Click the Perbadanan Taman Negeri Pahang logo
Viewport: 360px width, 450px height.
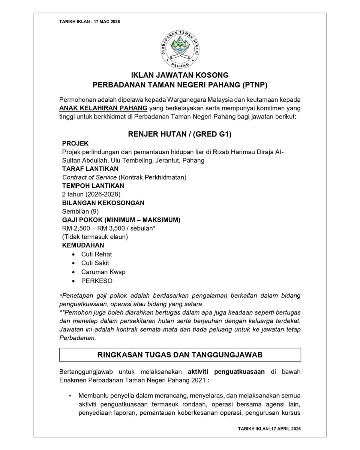[180, 49]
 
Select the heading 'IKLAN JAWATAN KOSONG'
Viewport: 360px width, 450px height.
[180, 75]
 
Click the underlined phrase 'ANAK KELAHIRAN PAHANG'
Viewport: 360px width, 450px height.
[103, 109]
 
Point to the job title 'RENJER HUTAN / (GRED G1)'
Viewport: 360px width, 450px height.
[180, 134]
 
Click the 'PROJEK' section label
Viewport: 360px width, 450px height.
[75, 143]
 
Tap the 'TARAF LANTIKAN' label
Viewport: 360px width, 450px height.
[90, 169]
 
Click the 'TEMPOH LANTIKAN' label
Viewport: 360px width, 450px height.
[93, 186]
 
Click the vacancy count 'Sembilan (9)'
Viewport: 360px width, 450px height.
[80, 211]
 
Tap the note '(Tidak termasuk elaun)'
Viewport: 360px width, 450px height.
[95, 237]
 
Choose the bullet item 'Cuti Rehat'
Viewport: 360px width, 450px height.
[96, 254]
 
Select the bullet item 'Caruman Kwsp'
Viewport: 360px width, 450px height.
[103, 272]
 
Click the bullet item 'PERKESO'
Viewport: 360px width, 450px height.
[97, 280]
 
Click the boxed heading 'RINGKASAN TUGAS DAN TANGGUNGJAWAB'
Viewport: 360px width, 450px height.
[180, 354]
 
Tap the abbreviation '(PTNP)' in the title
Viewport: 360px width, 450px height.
[254, 85]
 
